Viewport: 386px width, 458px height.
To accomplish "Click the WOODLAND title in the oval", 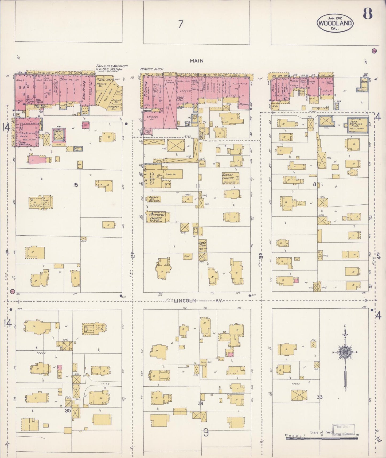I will (335, 23).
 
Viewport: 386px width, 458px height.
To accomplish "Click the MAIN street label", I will (196, 61).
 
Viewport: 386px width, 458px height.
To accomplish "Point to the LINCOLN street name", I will (185, 301).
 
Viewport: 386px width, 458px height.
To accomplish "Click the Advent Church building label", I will (228, 176).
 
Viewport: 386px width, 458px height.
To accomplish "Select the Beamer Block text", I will (151, 69).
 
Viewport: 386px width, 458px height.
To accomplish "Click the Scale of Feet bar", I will (322, 438).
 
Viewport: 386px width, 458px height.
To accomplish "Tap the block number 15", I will (76, 185).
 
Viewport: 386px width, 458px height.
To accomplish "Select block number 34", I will (200, 403).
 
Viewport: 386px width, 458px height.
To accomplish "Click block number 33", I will (319, 397).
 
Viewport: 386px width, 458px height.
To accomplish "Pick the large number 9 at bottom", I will (206, 432).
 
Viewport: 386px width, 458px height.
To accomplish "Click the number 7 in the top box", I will (181, 24).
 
